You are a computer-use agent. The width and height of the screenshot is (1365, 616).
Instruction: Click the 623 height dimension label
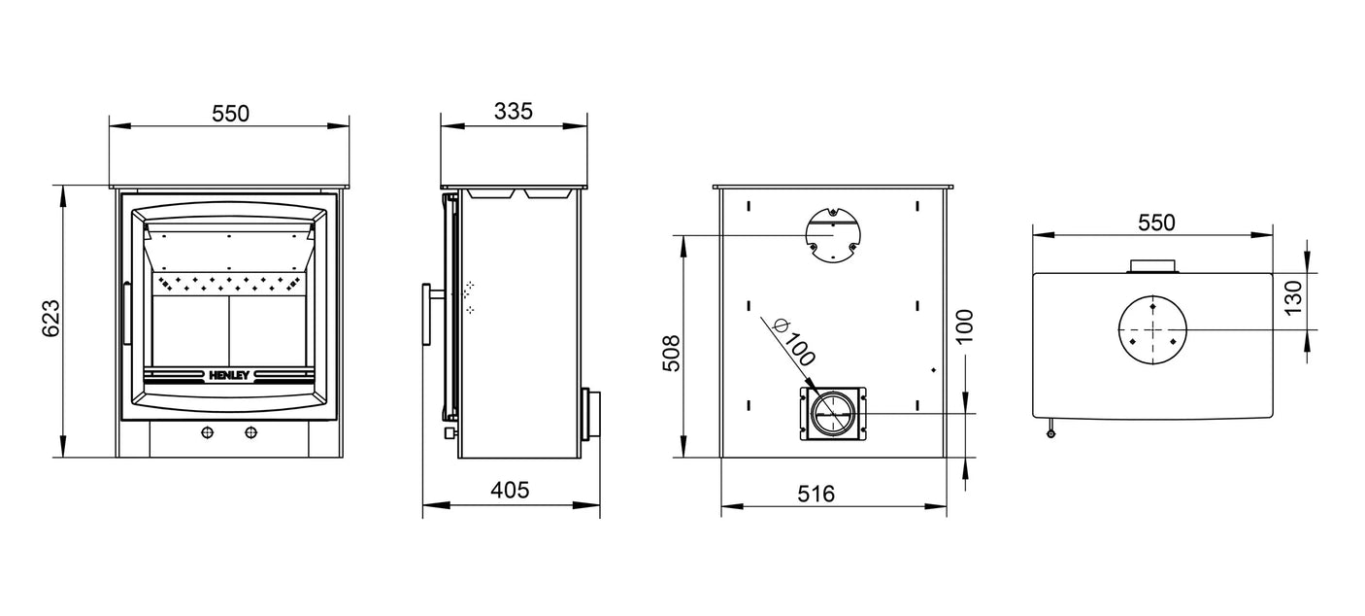(51, 319)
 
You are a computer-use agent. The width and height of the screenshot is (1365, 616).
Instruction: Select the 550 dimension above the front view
(230, 113)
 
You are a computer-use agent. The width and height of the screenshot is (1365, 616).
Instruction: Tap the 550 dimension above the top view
(1155, 222)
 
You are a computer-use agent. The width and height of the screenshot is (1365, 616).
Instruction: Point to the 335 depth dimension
(514, 111)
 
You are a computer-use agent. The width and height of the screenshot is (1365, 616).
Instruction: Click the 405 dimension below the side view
(510, 491)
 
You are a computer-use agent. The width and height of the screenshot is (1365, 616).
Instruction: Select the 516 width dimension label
(816, 494)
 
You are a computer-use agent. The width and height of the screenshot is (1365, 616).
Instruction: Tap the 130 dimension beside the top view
(1292, 298)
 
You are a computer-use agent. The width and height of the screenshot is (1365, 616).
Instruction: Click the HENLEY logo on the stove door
(229, 373)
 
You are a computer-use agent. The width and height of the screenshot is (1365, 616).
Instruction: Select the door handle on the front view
(125, 313)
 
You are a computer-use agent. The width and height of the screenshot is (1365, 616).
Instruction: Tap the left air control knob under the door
(206, 432)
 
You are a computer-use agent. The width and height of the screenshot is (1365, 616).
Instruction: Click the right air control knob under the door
(252, 432)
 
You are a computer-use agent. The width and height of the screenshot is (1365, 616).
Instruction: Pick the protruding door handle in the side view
(427, 314)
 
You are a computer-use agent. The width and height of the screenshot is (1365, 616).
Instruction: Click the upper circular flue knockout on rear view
(832, 235)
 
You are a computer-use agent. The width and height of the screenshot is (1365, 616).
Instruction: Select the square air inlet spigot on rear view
(832, 414)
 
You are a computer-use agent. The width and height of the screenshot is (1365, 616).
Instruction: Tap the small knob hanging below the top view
(1050, 432)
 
